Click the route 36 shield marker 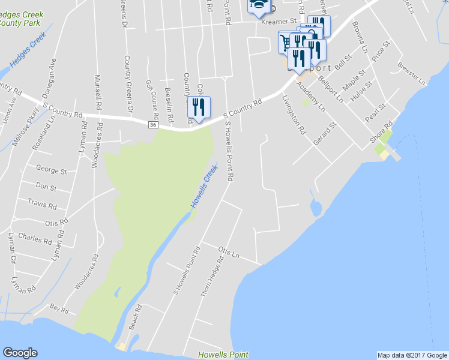[x=153, y=124]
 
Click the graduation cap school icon [x=259, y=5]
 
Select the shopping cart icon [x=286, y=42]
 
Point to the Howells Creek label [x=203, y=188]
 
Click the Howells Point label [x=223, y=355]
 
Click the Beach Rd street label [x=136, y=316]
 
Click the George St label [x=51, y=170]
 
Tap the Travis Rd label [x=42, y=205]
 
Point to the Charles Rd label [x=35, y=238]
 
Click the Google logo [x=20, y=353]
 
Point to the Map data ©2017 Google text [x=412, y=355]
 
